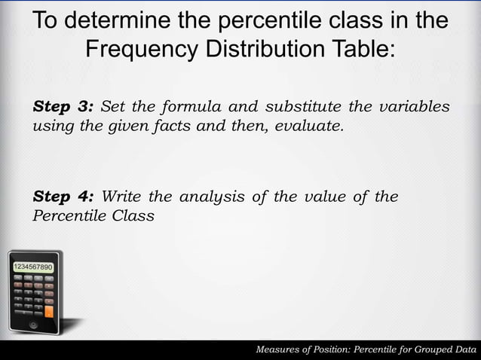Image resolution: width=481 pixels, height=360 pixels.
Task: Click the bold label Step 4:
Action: click(x=63, y=197)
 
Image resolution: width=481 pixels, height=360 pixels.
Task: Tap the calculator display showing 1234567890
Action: click(x=31, y=267)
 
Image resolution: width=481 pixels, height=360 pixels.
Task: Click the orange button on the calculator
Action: click(x=49, y=310)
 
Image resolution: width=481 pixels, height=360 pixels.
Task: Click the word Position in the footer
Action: click(x=337, y=349)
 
